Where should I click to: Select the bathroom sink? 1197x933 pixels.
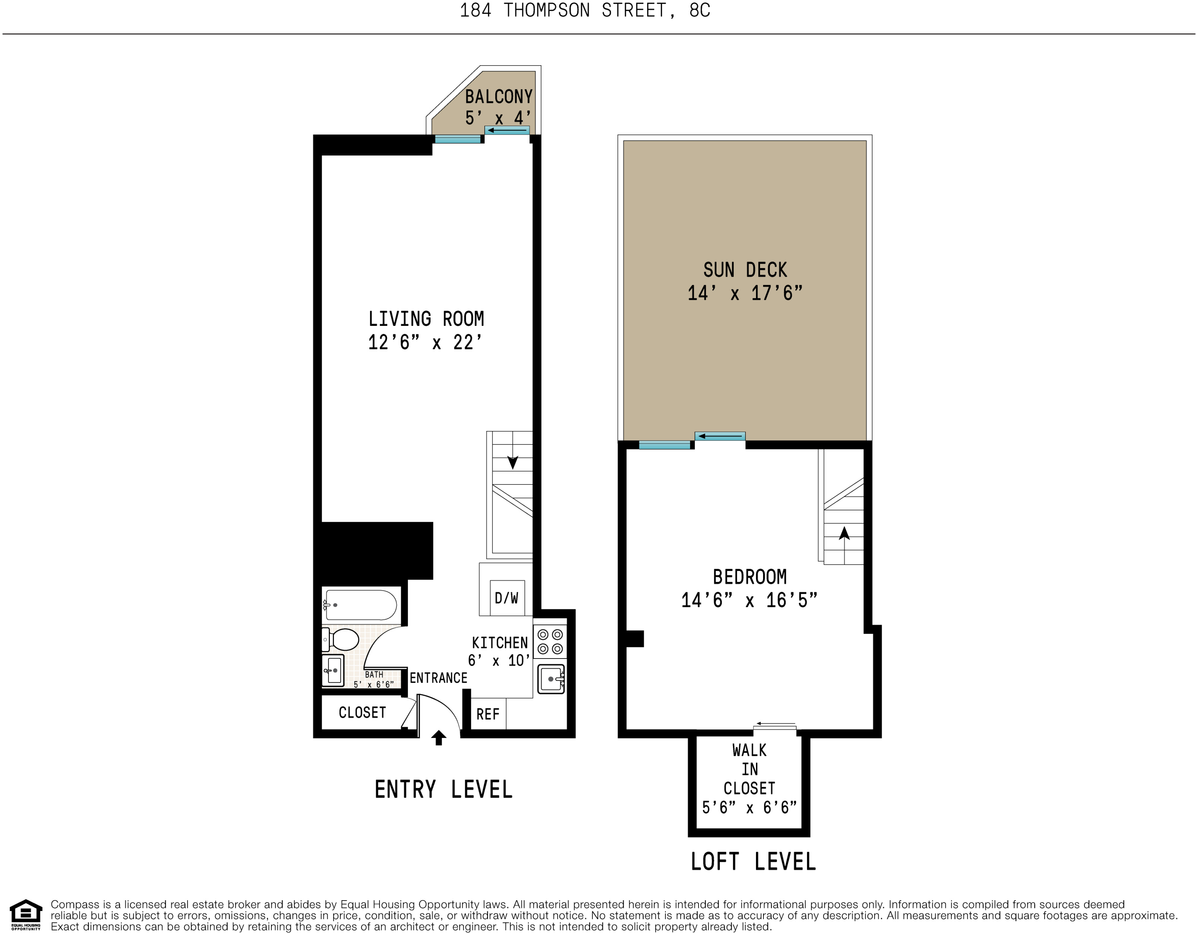click(333, 670)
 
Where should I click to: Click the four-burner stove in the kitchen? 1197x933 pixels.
click(550, 642)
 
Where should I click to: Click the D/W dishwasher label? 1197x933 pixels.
click(506, 598)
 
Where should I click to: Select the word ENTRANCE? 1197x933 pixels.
click(438, 678)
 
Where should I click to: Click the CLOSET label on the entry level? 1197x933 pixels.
click(362, 713)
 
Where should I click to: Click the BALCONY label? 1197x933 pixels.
click(498, 97)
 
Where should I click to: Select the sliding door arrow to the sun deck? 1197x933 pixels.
click(719, 436)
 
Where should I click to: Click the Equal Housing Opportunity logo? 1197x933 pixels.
click(26, 914)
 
